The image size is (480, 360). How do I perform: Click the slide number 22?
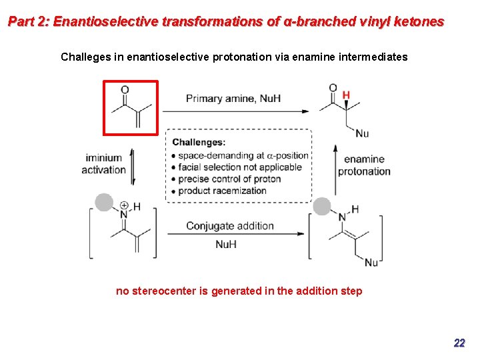pyautogui.click(x=459, y=343)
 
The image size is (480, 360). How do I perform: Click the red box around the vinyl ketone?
pyautogui.click(x=131, y=107)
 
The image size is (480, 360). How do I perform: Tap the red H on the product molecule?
pyautogui.click(x=346, y=95)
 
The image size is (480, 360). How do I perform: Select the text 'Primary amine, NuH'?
pyautogui.click(x=233, y=99)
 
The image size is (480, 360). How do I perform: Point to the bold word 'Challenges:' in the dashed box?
pyautogui.click(x=199, y=142)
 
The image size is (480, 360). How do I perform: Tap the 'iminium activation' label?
pyautogui.click(x=104, y=164)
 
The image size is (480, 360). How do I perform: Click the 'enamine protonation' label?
pyautogui.click(x=364, y=165)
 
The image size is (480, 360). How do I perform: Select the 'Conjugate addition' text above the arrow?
pyautogui.click(x=230, y=226)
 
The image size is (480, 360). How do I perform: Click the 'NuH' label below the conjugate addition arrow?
pyautogui.click(x=226, y=245)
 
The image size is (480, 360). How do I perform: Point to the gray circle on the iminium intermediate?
pyautogui.click(x=104, y=202)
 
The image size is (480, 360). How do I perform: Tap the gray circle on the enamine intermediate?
pyautogui.click(x=323, y=206)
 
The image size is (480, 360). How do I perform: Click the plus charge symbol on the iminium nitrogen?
pyautogui.click(x=124, y=205)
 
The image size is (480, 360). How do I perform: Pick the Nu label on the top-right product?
pyautogui.click(x=362, y=133)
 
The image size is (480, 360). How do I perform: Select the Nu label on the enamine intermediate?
pyautogui.click(x=371, y=263)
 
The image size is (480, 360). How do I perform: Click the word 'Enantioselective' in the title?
pyautogui.click(x=105, y=21)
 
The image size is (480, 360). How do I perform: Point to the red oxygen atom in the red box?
pyautogui.click(x=125, y=90)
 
